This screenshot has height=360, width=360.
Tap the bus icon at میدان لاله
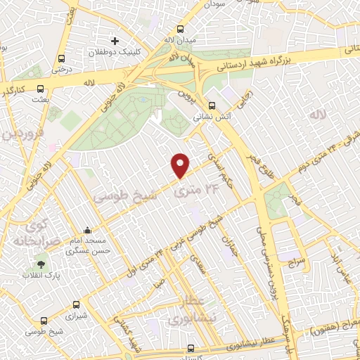click(181, 30)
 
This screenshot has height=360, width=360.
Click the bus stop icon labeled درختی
click(62, 58)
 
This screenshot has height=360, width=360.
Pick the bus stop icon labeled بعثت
click(40, 89)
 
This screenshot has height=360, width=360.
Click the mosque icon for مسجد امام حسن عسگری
click(86, 231)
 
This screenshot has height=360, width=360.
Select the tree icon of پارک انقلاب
click(40, 264)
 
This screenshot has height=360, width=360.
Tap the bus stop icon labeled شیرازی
click(75, 304)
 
